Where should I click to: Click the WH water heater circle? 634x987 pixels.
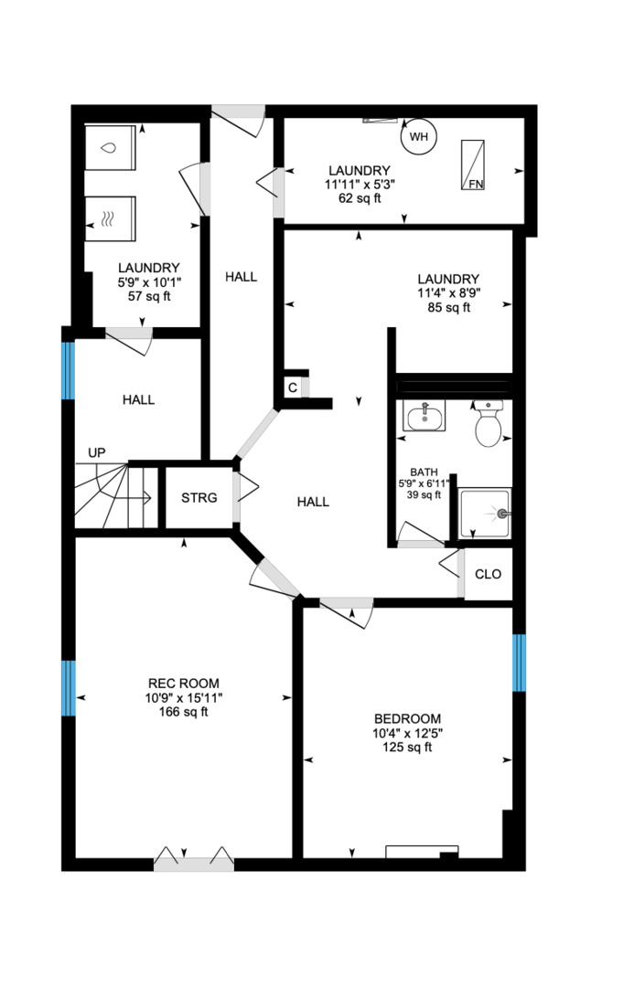coord(418,137)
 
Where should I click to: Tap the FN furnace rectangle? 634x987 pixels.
coord(473,165)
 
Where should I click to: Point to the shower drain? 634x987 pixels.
coord(500,514)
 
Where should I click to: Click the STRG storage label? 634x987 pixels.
coord(199,498)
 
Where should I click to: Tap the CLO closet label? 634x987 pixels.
coord(489,575)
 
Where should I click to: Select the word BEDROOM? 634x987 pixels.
coord(407,718)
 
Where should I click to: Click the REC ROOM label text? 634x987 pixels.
coord(183,684)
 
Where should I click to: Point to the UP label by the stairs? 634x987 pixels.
coord(96,452)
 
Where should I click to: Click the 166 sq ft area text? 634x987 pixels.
coord(183,713)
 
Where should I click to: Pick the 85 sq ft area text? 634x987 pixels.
coord(448,308)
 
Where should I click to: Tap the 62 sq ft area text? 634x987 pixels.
coord(360,198)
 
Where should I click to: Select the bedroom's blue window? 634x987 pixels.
coord(519,663)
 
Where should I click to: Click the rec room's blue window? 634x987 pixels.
coord(68,689)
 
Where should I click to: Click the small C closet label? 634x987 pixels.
coord(292,387)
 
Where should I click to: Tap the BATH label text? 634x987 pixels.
coord(424,472)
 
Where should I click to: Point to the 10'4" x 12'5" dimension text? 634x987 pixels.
coord(407,733)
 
